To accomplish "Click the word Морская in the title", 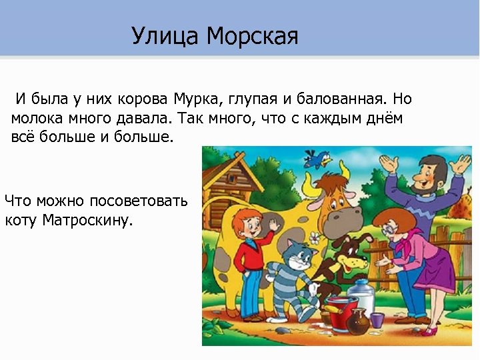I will (252, 36).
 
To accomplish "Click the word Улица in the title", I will (165, 36).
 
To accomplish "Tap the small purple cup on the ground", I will (378, 319).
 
